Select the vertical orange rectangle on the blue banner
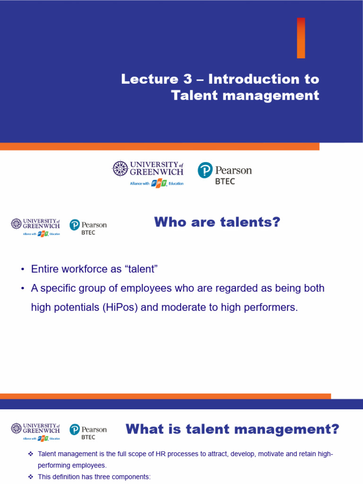coord(301,38)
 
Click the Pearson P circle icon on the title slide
coord(205,170)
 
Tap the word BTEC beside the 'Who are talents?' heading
coord(88,233)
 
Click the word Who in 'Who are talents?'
coord(170,222)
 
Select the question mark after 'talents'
coord(276,222)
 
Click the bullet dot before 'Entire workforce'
coord(22,269)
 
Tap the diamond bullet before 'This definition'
coord(30,477)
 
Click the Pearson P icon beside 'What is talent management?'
coord(74,430)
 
